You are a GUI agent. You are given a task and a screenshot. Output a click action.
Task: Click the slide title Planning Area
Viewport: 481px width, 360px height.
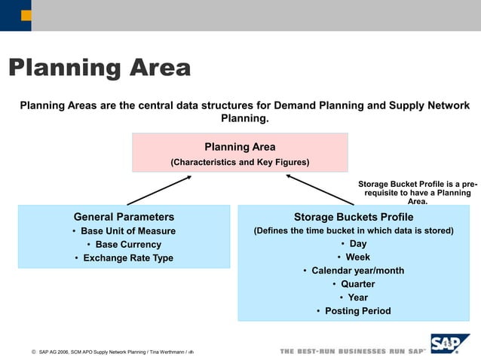(x=99, y=69)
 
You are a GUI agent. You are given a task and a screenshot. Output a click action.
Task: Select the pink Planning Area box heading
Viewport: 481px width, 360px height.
(x=240, y=147)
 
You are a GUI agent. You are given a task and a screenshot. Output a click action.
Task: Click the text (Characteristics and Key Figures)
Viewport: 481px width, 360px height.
(x=240, y=162)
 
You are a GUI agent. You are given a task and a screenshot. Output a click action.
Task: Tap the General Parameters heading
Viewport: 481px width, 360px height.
(x=124, y=217)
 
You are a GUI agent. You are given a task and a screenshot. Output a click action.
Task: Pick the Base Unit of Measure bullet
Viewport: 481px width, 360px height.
(x=124, y=231)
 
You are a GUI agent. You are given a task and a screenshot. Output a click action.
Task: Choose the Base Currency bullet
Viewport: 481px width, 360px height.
(x=124, y=245)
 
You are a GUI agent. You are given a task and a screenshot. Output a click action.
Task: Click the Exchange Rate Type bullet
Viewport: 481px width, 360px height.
(x=124, y=258)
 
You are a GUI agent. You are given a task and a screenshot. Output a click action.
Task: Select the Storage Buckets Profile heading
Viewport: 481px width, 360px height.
(x=353, y=217)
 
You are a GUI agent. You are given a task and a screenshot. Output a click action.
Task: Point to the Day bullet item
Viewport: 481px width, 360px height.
(x=353, y=244)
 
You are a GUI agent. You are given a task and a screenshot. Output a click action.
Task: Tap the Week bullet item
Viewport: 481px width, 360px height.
(x=353, y=258)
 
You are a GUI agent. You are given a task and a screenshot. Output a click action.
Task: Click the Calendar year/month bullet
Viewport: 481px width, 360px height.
(x=353, y=271)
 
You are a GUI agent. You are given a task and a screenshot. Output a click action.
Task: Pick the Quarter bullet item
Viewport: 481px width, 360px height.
(x=353, y=285)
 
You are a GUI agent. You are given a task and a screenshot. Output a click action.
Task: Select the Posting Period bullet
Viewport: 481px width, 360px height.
(x=353, y=311)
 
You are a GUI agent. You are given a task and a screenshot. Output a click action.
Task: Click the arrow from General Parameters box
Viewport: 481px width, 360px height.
(x=159, y=191)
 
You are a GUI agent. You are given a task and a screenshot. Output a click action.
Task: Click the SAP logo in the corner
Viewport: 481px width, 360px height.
(x=450, y=344)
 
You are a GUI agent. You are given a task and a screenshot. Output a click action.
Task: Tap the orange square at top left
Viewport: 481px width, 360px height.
(x=26, y=15)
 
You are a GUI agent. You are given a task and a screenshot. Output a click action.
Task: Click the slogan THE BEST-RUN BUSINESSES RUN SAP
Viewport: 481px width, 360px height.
(x=352, y=352)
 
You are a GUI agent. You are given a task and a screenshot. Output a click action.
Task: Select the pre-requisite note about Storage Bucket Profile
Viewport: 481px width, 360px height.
(x=417, y=192)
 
